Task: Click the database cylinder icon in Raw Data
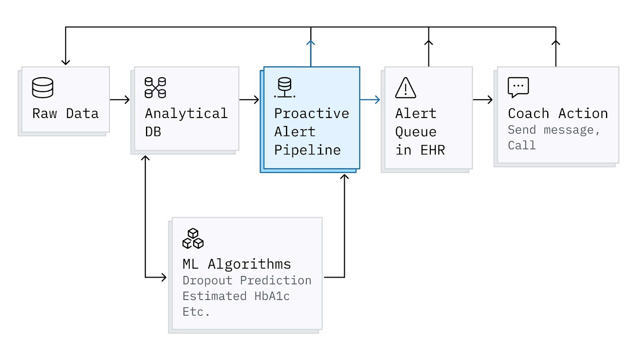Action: pos(43,88)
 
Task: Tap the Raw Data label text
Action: pos(65,114)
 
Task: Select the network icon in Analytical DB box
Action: pos(155,88)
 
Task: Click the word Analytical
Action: pos(186,114)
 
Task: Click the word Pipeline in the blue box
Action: pos(307,150)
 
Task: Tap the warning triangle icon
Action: pos(406,88)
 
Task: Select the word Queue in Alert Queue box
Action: pos(416,132)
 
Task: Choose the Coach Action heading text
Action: pos(558,114)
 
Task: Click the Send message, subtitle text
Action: pos(554,130)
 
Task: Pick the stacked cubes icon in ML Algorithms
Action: pos(193,238)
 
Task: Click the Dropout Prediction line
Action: pos(247,280)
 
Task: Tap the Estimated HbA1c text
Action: pos(236,296)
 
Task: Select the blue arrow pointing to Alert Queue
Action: pos(370,100)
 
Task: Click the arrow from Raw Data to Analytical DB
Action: pos(120,100)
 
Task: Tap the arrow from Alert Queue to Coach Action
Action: pos(483,100)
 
